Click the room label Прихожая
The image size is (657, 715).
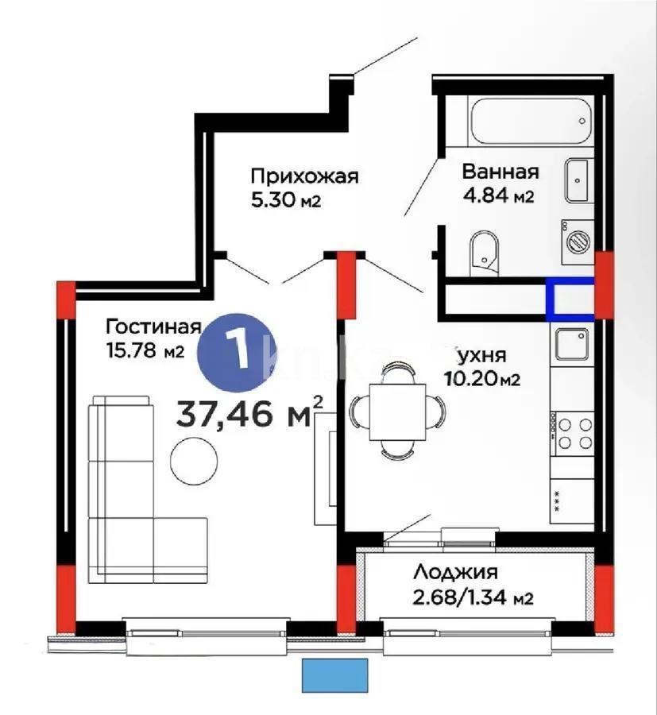[305, 176]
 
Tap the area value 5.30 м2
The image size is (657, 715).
[285, 200]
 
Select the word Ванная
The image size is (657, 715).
[500, 172]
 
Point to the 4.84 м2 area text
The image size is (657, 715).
[498, 195]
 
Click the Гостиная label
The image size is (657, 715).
[151, 326]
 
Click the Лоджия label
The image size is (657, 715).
[455, 572]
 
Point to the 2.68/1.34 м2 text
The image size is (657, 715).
[472, 597]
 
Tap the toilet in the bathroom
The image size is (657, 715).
[482, 252]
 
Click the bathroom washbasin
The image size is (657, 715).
[577, 181]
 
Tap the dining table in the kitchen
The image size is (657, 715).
[398, 410]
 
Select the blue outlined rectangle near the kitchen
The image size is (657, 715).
[570, 299]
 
